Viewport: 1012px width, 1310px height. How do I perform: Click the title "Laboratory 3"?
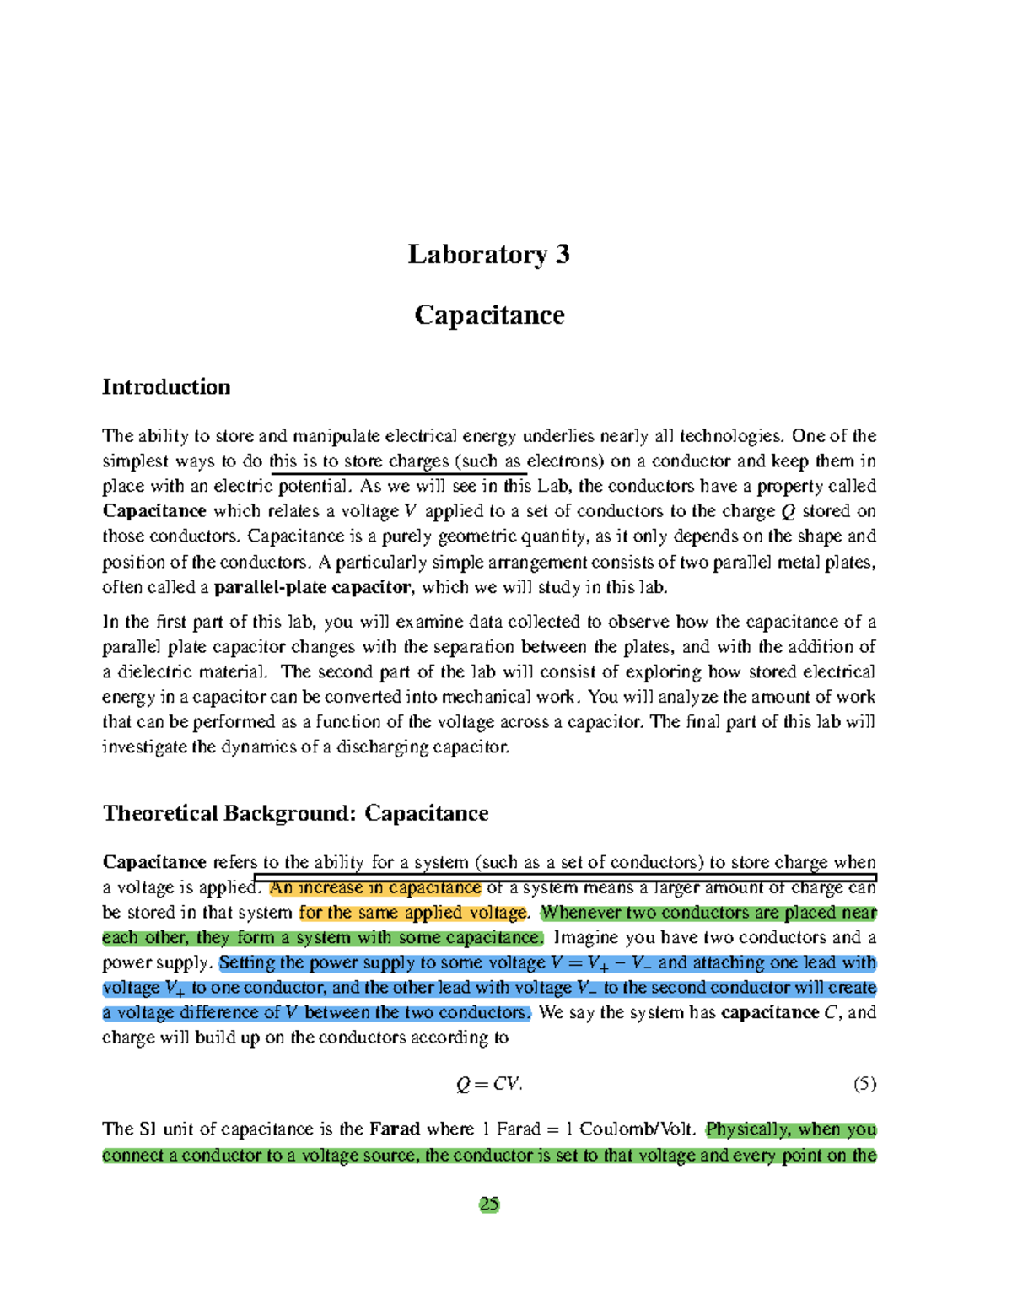(488, 254)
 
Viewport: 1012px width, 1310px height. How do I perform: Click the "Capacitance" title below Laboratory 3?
(489, 315)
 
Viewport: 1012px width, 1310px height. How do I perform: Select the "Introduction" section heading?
(166, 386)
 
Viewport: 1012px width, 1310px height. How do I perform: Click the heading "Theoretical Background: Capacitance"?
(295, 813)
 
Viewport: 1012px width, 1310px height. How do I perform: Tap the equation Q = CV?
(489, 1084)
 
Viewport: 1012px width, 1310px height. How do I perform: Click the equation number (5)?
(864, 1084)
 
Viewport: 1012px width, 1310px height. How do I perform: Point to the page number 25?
(489, 1204)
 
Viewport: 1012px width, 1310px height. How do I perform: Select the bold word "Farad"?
(395, 1129)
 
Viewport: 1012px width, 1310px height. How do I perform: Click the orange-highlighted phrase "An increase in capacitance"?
(375, 887)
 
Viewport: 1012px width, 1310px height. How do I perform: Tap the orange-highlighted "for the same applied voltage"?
(413, 912)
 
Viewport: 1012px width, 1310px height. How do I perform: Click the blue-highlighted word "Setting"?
(247, 962)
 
